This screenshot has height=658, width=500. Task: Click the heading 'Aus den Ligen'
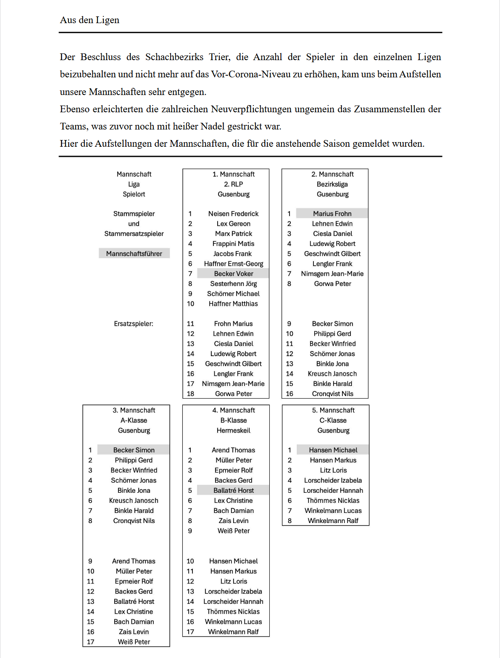(x=89, y=20)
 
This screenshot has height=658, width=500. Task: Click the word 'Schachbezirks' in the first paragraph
(x=174, y=57)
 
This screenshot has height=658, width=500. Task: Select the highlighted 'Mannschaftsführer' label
(x=134, y=254)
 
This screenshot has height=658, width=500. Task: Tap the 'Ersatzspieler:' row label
(x=134, y=324)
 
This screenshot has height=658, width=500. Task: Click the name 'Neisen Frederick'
(x=233, y=214)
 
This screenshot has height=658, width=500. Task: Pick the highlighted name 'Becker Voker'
(x=234, y=274)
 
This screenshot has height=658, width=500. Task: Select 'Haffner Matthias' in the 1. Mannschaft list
(x=233, y=304)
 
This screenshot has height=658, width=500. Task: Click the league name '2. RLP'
(x=233, y=184)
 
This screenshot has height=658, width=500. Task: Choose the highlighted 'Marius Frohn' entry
(x=332, y=214)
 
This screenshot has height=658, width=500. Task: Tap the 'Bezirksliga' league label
(x=332, y=184)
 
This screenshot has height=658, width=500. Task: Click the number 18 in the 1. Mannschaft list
(x=190, y=394)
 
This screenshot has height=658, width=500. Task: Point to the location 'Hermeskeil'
(x=233, y=431)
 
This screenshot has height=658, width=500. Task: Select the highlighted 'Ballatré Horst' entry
(x=234, y=490)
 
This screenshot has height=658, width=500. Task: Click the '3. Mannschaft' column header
(x=134, y=410)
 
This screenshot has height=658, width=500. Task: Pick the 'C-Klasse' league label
(x=333, y=420)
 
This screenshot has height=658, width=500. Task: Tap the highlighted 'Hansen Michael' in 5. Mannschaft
(x=333, y=450)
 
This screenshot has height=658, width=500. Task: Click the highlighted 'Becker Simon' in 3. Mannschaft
(x=134, y=450)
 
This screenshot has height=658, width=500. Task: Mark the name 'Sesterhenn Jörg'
(x=233, y=284)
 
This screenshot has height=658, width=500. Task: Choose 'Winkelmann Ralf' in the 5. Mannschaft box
(x=333, y=521)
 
